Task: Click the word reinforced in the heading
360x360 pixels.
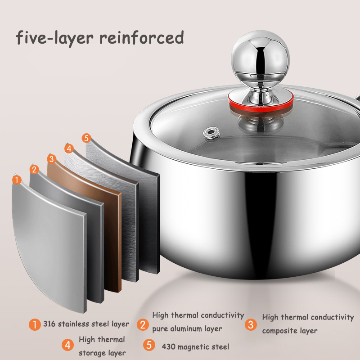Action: coord(141,37)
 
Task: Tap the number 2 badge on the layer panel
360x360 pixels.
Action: coord(35,170)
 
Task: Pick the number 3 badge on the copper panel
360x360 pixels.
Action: coord(51,158)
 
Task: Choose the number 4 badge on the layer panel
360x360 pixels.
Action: coord(68,148)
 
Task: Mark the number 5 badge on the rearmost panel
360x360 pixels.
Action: coord(86,138)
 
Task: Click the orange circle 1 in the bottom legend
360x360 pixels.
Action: coord(35,324)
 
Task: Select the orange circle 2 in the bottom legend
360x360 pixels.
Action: coord(143,324)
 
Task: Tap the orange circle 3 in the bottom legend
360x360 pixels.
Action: coord(251,324)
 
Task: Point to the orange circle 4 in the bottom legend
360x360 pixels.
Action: coord(68,345)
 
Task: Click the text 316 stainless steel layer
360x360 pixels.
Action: coord(86,324)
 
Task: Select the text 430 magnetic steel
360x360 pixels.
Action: coord(195,346)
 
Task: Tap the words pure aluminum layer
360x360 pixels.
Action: coord(187,329)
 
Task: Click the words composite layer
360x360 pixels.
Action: coord(290,331)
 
